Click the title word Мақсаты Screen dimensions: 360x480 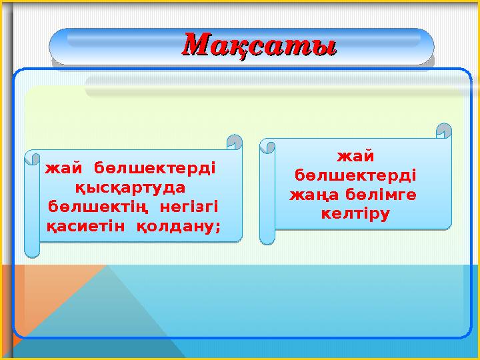(259, 47)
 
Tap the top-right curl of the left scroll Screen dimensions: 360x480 (234, 142)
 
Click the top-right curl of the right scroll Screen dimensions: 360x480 (443, 130)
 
